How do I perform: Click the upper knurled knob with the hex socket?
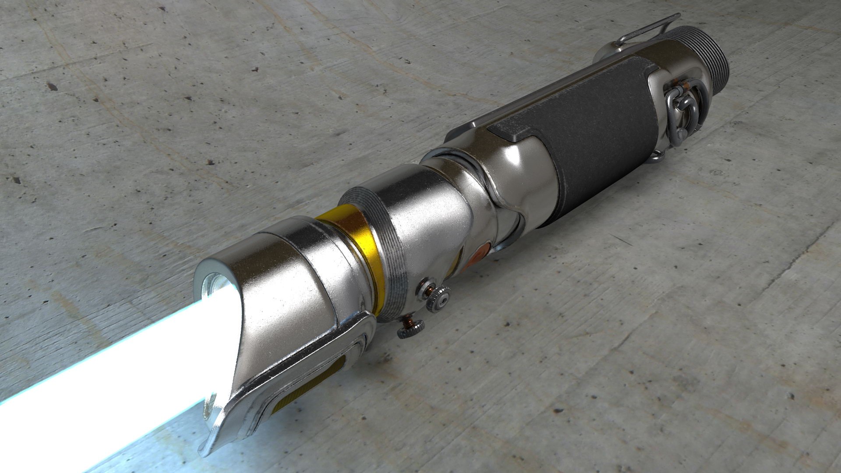click(439, 299)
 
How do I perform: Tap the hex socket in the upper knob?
click(444, 298)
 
